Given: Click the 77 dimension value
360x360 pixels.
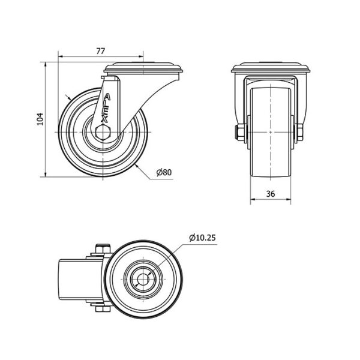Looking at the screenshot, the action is tap(101, 51).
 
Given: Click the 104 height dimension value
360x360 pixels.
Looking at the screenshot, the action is tap(40, 119).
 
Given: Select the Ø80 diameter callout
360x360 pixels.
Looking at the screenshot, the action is tap(164, 172).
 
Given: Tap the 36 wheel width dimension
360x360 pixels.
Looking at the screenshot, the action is tap(271, 194).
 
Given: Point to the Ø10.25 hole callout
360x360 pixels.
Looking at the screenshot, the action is tap(203, 238).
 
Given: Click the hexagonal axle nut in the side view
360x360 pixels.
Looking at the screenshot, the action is tap(103, 132).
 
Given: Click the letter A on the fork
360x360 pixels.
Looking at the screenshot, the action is tap(107, 97).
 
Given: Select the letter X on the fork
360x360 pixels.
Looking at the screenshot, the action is tap(104, 119).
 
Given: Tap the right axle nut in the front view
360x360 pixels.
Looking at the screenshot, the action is tap(300, 133).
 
